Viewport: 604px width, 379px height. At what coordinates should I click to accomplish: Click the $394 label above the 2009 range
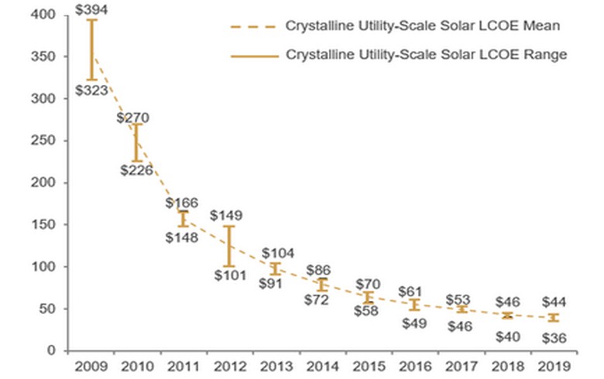pos(91,9)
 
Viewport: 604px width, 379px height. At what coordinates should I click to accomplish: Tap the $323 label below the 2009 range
pos(91,90)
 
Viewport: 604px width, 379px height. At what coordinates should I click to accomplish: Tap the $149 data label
pos(226,215)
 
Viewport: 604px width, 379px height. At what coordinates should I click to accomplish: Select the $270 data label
pos(133,118)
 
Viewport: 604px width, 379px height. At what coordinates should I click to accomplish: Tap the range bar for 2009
pos(91,50)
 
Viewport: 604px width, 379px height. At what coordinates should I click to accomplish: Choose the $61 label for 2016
pos(413,291)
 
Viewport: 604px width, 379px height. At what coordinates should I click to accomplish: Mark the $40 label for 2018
pos(506,336)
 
